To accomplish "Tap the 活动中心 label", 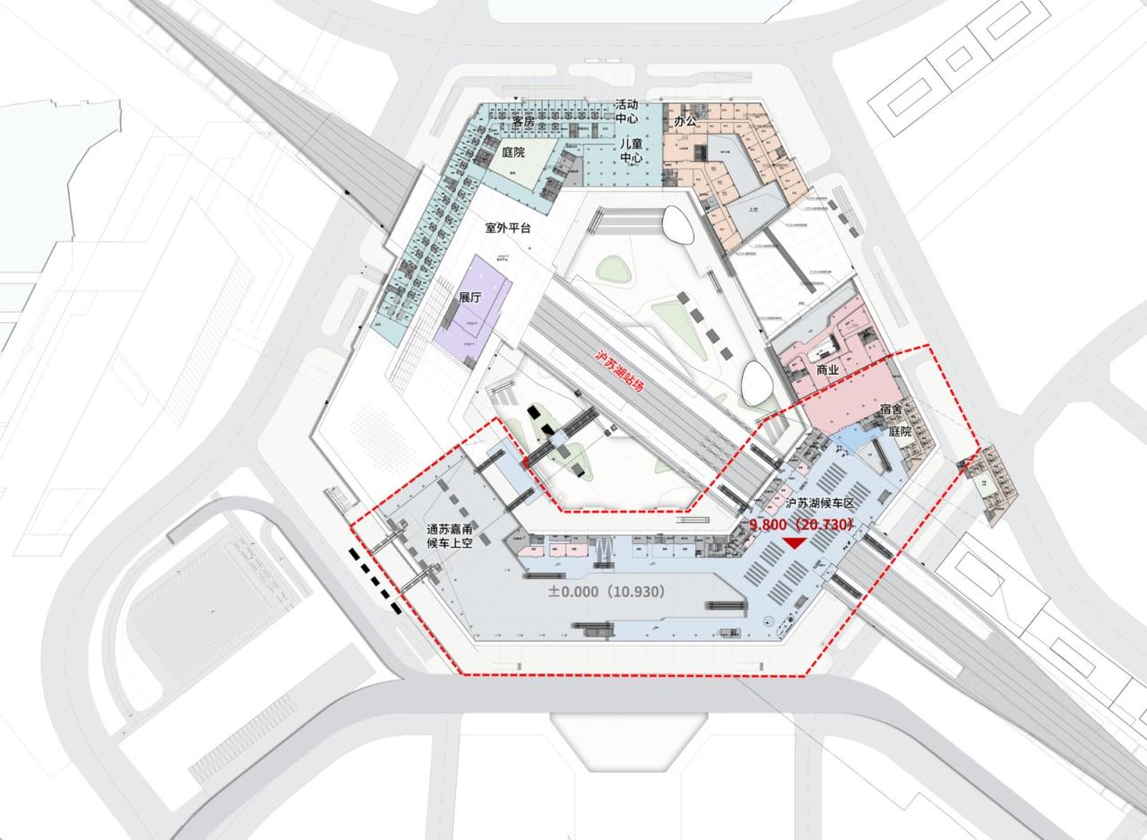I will [x=626, y=111].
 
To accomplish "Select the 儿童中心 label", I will [x=632, y=151].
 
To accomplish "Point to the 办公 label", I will [x=686, y=121].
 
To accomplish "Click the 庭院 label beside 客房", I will [x=513, y=153].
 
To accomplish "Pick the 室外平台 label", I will [x=508, y=228].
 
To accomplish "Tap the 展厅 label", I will [x=471, y=298].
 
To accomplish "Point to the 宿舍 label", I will [x=893, y=410].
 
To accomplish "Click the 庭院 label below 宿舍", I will [x=899, y=431].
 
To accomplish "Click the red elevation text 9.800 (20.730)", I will [x=799, y=524].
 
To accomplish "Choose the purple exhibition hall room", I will [x=473, y=309].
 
